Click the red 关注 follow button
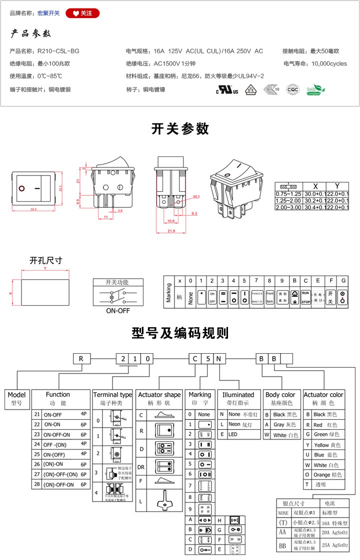coord(82,13)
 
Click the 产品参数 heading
coord(31,34)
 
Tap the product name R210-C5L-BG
coord(58,51)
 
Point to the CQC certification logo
coord(292,89)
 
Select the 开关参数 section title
coord(180,128)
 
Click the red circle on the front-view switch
coord(22,189)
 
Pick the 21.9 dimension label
coord(171,231)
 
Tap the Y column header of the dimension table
coord(337,185)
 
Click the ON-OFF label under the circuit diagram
coord(117,310)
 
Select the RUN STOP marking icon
coord(306,298)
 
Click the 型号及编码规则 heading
coord(180,333)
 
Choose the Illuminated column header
coord(238,395)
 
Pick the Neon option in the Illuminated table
coord(234,425)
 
